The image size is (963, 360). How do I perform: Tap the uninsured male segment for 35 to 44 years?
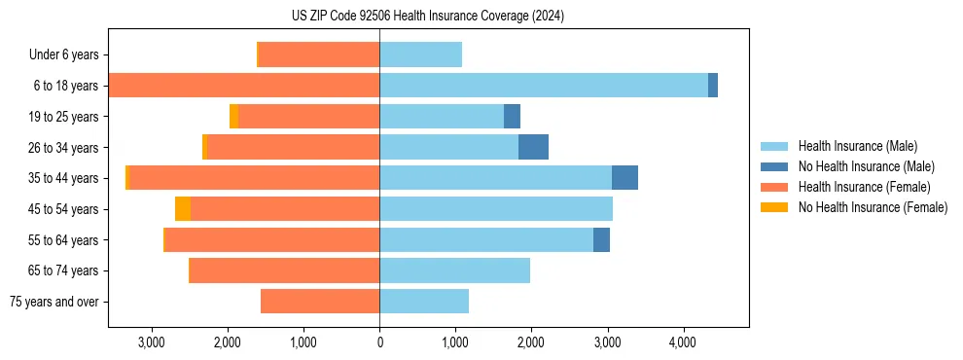624,178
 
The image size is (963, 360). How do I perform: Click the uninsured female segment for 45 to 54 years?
183,209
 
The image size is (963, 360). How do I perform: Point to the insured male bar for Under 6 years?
420,54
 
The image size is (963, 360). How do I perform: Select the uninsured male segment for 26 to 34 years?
533,147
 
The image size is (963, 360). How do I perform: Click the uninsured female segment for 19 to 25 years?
233,117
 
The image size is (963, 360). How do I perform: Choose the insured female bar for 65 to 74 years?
283,270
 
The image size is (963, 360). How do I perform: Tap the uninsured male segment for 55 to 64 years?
601,239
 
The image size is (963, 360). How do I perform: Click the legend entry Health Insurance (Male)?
852,146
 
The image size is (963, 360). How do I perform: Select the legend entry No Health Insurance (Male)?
861,166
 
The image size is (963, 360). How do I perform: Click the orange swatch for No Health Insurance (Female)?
774,207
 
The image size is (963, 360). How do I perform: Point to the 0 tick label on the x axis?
379,342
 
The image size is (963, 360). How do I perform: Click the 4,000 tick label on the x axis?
682,342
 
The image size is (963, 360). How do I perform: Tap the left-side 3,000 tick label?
152,342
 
